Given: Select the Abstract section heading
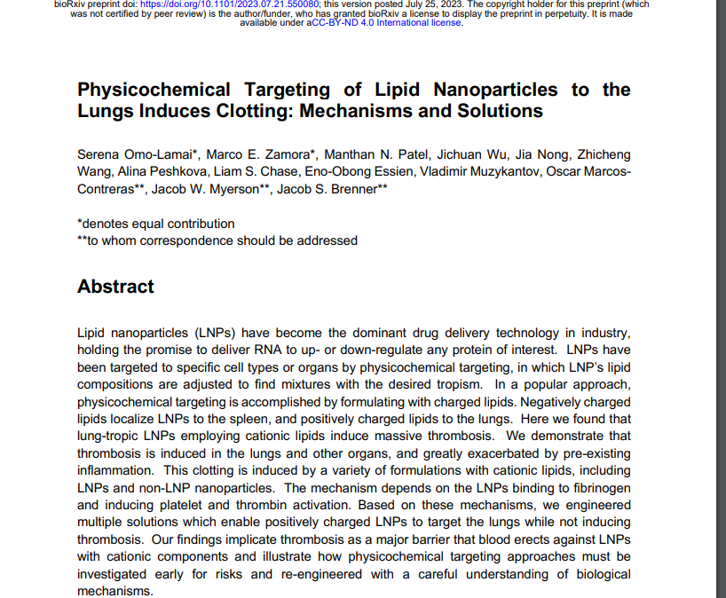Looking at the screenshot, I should click(x=115, y=287).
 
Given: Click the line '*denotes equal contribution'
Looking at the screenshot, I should click(x=156, y=224).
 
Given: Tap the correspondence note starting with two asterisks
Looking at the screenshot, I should click(x=217, y=240).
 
